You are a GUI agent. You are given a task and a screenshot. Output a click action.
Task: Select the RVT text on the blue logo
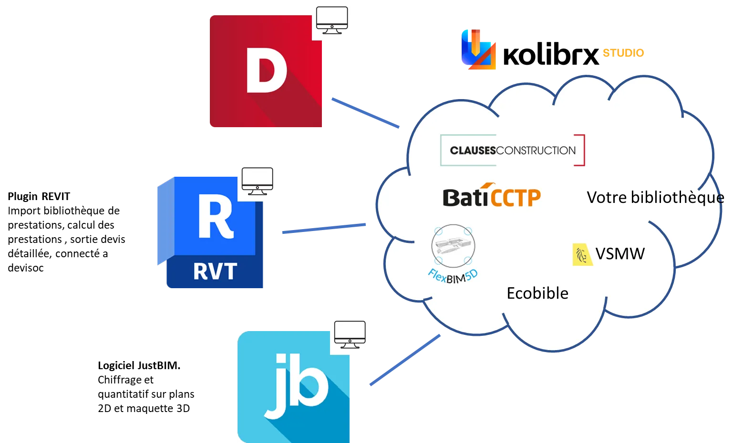[215, 272]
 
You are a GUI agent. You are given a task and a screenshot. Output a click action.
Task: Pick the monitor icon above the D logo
[332, 20]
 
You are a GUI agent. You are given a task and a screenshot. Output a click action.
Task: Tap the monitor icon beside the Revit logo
[258, 181]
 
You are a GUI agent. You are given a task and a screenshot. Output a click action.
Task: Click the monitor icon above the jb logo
[350, 334]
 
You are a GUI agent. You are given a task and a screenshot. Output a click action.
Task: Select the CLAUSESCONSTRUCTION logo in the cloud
[513, 151]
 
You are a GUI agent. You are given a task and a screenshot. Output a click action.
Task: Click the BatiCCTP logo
[492, 196]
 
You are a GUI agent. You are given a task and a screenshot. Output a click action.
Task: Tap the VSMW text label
[620, 254]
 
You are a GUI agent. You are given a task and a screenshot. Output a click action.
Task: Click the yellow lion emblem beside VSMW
[582, 254]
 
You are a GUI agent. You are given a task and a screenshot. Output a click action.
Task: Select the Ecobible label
[537, 293]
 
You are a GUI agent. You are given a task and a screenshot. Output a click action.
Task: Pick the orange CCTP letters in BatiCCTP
[516, 198]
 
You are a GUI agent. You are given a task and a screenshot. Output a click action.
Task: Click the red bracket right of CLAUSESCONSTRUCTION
[580, 151]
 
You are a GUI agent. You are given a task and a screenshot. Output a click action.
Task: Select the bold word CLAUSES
[473, 151]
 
